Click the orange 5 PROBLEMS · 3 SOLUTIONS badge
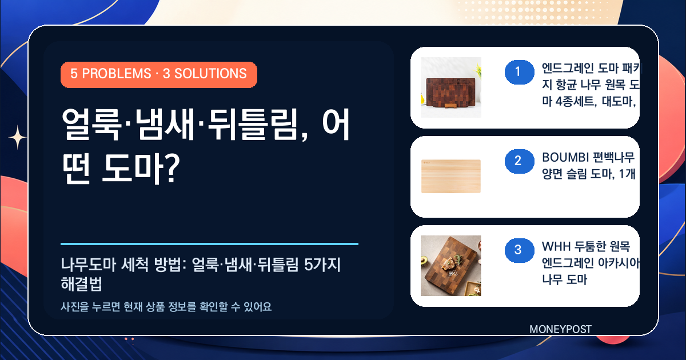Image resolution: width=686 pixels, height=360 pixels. pyautogui.click(x=159, y=75)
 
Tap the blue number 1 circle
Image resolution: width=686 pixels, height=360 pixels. pyautogui.click(x=520, y=72)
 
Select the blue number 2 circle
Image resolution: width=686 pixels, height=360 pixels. pyautogui.click(x=520, y=161)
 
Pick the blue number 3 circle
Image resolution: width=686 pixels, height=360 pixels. pyautogui.click(x=520, y=250)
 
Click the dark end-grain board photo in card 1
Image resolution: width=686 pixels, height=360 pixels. pyautogui.click(x=451, y=87)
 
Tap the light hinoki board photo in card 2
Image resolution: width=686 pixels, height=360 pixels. pyautogui.click(x=451, y=177)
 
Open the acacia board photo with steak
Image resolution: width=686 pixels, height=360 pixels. pyautogui.click(x=451, y=266)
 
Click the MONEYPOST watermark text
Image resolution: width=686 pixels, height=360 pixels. pyautogui.click(x=560, y=329)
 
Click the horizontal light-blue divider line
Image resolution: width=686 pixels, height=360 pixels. pyautogui.click(x=209, y=244)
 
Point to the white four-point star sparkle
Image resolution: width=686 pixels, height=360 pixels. pyautogui.click(x=18, y=138)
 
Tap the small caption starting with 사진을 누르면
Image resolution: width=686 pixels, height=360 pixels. pyautogui.click(x=166, y=306)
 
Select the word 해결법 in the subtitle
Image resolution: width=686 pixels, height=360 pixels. pyautogui.click(x=81, y=284)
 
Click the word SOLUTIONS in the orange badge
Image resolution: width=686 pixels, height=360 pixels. pyautogui.click(x=210, y=74)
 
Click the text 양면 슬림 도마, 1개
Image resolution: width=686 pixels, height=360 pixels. pyautogui.click(x=589, y=174)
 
